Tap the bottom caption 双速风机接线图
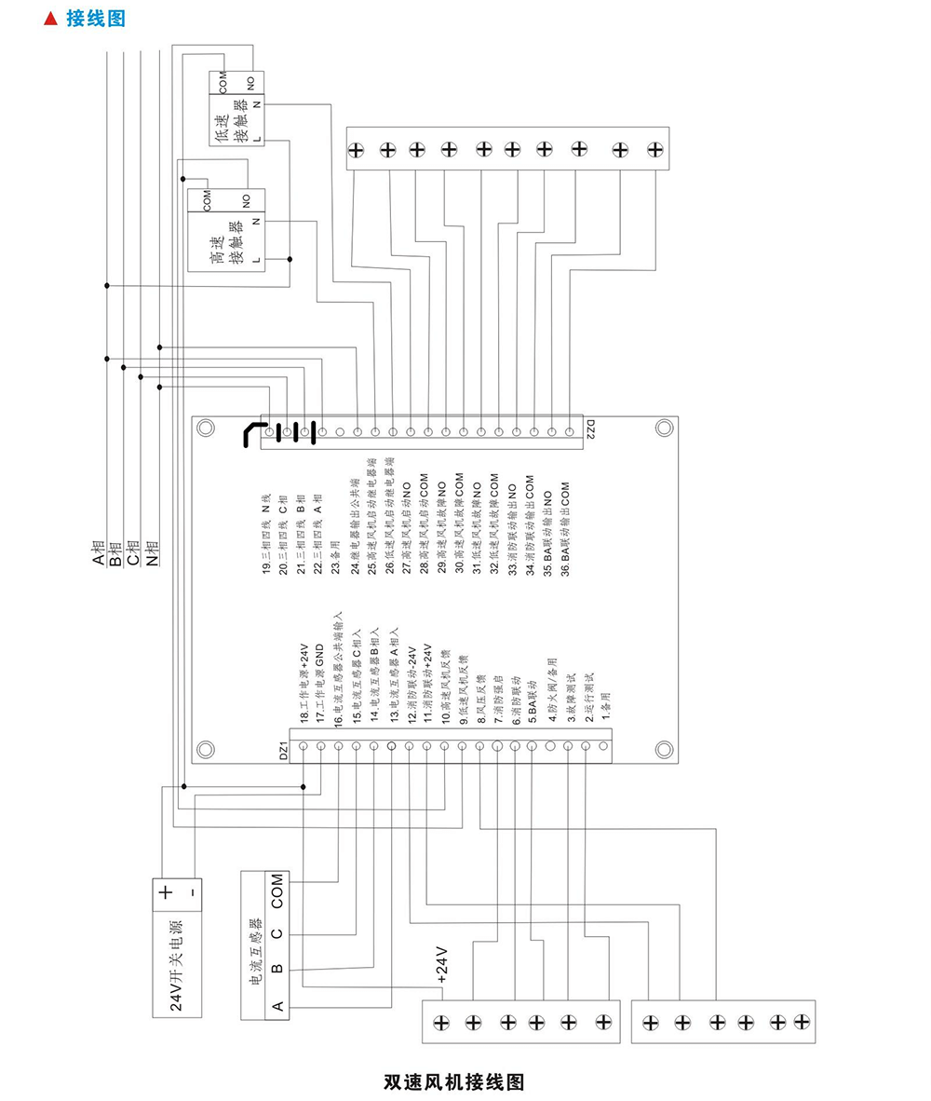(454, 1081)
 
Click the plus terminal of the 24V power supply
(165, 891)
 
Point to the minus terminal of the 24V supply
(192, 891)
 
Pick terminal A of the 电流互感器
(277, 1005)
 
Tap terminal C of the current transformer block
(277, 932)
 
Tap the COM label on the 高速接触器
(207, 198)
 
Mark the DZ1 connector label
(284, 751)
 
